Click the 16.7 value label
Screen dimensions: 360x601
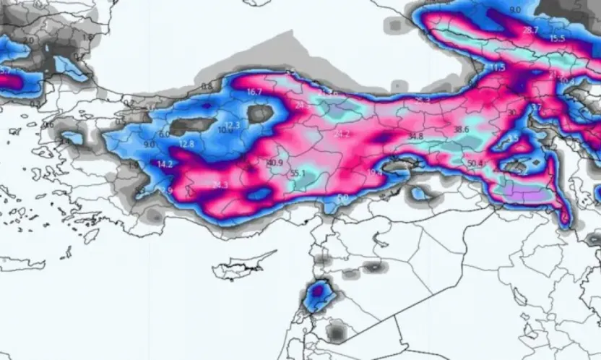254,92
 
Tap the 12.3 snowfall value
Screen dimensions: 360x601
232,125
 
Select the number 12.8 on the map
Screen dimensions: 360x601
186,144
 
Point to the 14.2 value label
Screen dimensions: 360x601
165,164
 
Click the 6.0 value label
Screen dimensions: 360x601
164,134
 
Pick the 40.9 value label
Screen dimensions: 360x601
274,162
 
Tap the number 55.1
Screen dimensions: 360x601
298,173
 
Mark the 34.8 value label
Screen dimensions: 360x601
415,136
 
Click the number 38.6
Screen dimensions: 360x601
461,129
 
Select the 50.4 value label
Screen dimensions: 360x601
475,163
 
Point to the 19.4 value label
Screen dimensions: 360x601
376,172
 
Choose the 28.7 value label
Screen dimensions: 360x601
530,30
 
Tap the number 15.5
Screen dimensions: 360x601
557,38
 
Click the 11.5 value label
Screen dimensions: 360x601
498,67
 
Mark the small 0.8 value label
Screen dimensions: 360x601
207,86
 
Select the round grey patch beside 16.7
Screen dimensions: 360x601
260,113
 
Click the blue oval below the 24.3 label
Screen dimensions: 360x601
258,194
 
